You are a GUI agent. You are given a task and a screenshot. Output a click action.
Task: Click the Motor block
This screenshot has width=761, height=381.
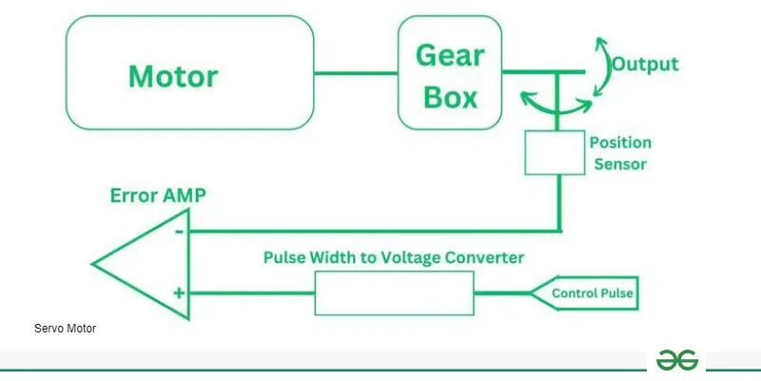pyautogui.click(x=189, y=73)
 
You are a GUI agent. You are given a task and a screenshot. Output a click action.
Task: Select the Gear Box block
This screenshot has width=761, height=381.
pyautogui.click(x=448, y=73)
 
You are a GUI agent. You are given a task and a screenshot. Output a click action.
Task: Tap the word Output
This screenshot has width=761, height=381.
pyautogui.click(x=645, y=65)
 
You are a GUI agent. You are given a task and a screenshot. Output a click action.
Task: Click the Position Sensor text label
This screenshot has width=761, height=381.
pyautogui.click(x=619, y=152)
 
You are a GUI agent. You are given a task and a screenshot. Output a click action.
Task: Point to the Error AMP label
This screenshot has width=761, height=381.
pyautogui.click(x=157, y=196)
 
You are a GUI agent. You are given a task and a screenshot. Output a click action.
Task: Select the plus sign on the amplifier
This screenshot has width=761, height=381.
pyautogui.click(x=178, y=294)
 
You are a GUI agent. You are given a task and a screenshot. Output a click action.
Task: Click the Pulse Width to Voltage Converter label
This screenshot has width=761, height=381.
pyautogui.click(x=393, y=257)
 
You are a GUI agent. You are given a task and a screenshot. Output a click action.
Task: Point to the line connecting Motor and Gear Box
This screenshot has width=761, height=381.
pyautogui.click(x=355, y=73)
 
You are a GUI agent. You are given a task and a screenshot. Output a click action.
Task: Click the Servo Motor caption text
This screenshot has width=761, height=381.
pyautogui.click(x=65, y=329)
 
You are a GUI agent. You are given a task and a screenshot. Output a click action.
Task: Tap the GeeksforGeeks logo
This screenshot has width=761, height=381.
pyautogui.click(x=676, y=360)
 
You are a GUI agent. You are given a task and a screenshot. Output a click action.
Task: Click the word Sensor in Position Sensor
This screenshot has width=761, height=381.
pyautogui.click(x=619, y=164)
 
